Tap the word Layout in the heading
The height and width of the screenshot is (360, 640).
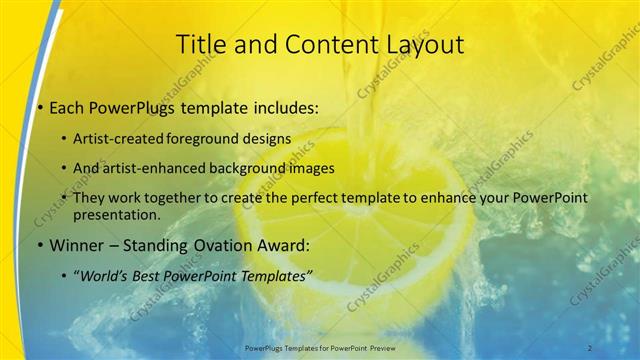click(x=425, y=44)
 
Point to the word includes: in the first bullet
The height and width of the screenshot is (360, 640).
click(x=285, y=107)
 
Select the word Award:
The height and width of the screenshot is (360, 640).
click(x=279, y=243)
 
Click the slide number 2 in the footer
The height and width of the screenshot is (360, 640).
click(x=590, y=347)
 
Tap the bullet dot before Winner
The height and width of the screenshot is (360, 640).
click(x=39, y=244)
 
